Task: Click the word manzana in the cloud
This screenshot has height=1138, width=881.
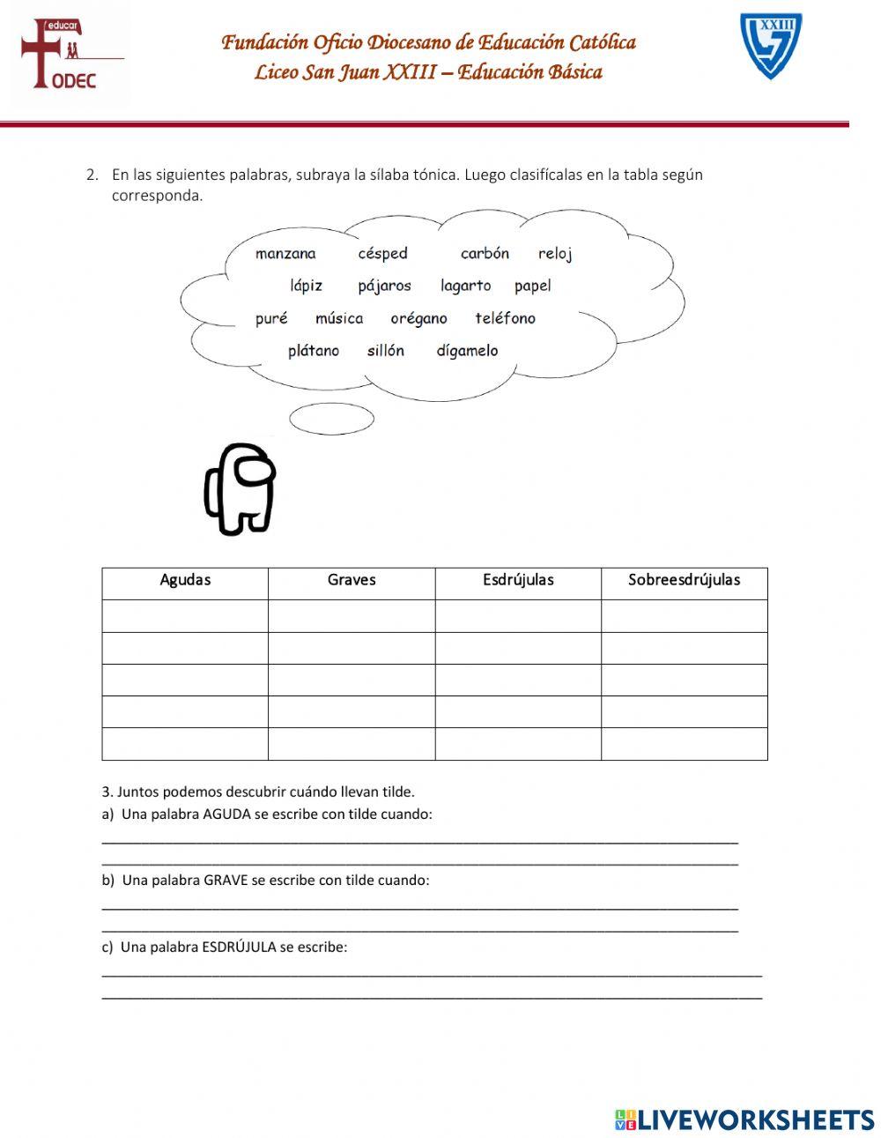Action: coord(285,254)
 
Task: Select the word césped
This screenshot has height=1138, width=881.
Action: coord(382,254)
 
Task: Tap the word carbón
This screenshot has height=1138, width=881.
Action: coord(485,254)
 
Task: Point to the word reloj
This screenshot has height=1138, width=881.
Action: coord(555,254)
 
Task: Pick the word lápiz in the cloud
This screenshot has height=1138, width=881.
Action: coord(306,286)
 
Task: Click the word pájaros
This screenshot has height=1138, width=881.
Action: coord(384,286)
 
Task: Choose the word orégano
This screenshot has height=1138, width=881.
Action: coord(418,318)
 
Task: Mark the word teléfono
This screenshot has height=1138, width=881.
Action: coord(505,318)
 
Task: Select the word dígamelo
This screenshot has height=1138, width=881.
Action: coord(467,351)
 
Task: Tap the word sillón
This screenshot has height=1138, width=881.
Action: coord(386,351)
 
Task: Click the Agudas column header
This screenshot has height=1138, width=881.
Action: coord(185,580)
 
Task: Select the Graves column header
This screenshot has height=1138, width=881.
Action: coord(352,580)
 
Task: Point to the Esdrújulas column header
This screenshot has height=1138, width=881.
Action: coord(518,580)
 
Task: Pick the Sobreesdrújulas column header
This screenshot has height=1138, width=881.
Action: coord(684,580)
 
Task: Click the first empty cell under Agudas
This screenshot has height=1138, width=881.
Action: coord(185,615)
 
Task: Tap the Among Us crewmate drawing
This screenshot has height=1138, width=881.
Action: coord(240,488)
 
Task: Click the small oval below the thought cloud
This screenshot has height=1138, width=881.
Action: coord(331,419)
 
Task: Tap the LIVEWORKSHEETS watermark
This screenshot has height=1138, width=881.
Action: coord(744,1119)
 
